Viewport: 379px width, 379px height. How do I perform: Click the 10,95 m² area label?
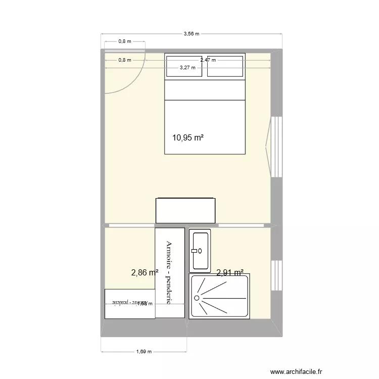click(188, 137)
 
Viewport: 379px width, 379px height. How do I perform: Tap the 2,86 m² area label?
click(145, 273)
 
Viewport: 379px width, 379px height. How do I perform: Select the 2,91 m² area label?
click(230, 273)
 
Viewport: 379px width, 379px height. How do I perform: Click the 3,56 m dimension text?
click(191, 34)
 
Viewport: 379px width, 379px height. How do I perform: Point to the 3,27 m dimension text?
click(188, 67)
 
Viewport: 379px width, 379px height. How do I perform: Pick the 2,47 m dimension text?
click(208, 60)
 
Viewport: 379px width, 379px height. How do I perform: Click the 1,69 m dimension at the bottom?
click(144, 352)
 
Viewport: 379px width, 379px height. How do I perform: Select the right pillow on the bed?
click(225, 66)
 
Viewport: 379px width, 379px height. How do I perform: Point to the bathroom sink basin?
click(200, 250)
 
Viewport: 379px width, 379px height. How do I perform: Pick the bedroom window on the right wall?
click(275, 147)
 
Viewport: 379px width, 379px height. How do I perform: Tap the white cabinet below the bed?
click(186, 210)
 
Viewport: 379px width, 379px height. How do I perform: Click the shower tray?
click(219, 297)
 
